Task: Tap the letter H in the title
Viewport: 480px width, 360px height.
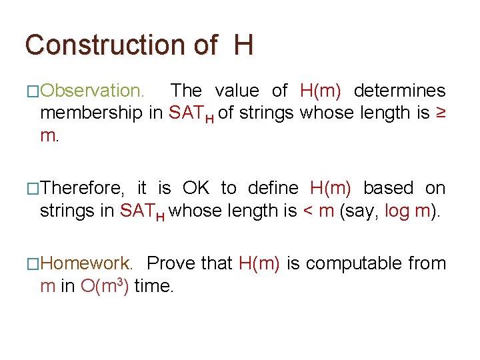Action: click(243, 45)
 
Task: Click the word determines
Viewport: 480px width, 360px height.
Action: click(399, 91)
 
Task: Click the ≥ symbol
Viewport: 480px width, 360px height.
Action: click(441, 113)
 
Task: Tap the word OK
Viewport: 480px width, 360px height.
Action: click(196, 188)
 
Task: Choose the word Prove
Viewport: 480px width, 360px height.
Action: click(171, 263)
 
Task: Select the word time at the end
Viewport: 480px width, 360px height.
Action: click(153, 287)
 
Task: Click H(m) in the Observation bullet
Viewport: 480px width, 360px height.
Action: click(321, 91)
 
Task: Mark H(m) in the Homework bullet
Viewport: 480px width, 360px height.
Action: click(259, 263)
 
